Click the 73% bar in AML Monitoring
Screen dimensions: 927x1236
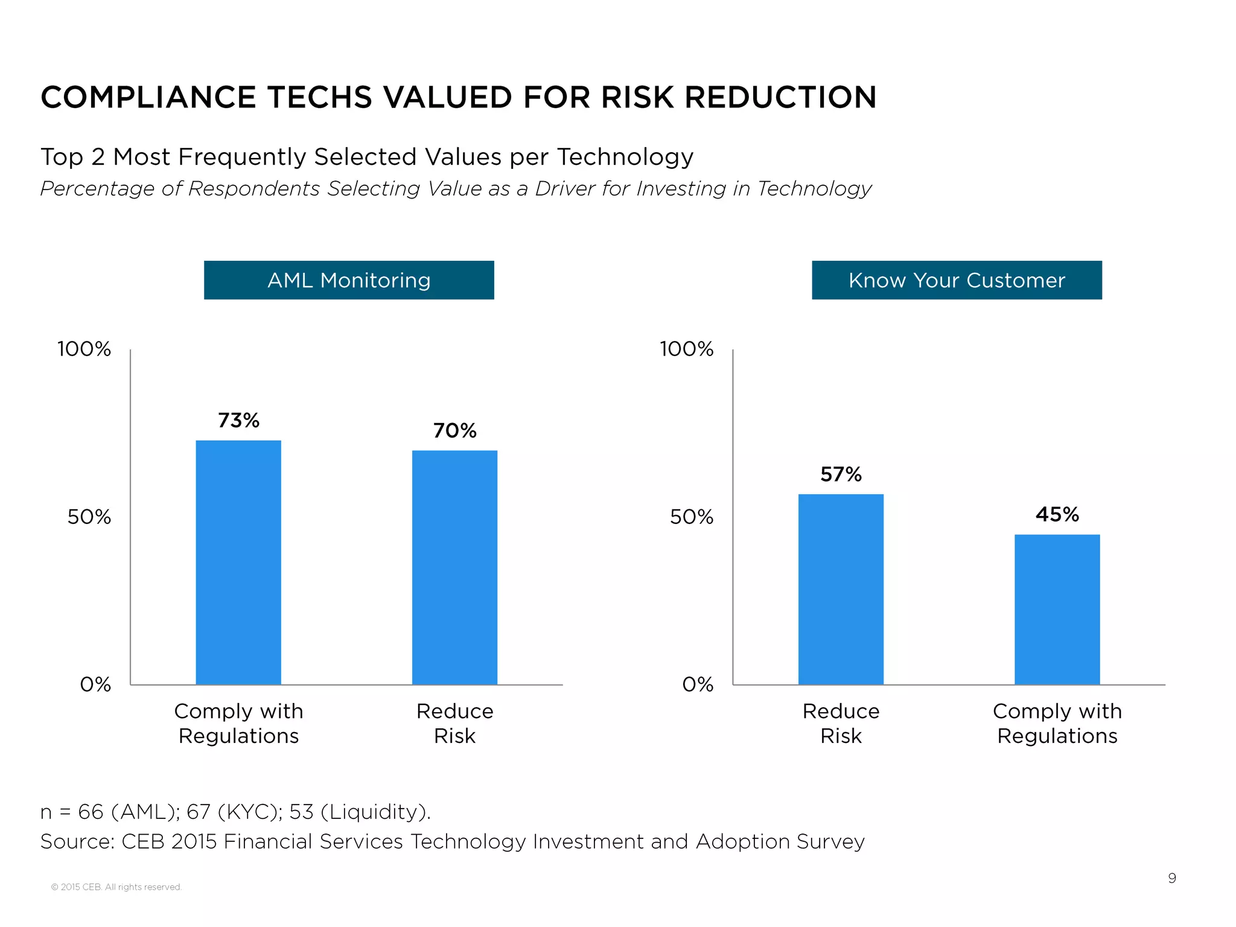238,562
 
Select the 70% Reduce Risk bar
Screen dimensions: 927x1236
454,567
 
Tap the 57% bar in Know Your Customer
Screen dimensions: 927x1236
841,589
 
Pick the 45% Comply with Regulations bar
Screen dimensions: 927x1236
1057,609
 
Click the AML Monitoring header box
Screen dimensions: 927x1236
349,280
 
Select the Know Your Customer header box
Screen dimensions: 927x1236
957,280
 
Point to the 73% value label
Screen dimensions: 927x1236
238,420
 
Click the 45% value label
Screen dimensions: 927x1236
1057,514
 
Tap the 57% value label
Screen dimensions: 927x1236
841,474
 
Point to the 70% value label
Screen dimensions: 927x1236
454,430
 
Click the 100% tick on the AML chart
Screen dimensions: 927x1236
84,349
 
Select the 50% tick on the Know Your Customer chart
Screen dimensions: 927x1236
692,517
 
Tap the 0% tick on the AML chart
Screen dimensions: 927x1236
95,684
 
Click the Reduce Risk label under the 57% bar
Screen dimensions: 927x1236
841,723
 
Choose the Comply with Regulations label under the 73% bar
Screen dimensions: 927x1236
238,723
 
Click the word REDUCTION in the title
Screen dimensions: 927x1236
780,97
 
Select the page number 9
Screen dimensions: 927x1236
1171,878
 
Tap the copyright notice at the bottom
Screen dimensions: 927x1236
116,887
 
